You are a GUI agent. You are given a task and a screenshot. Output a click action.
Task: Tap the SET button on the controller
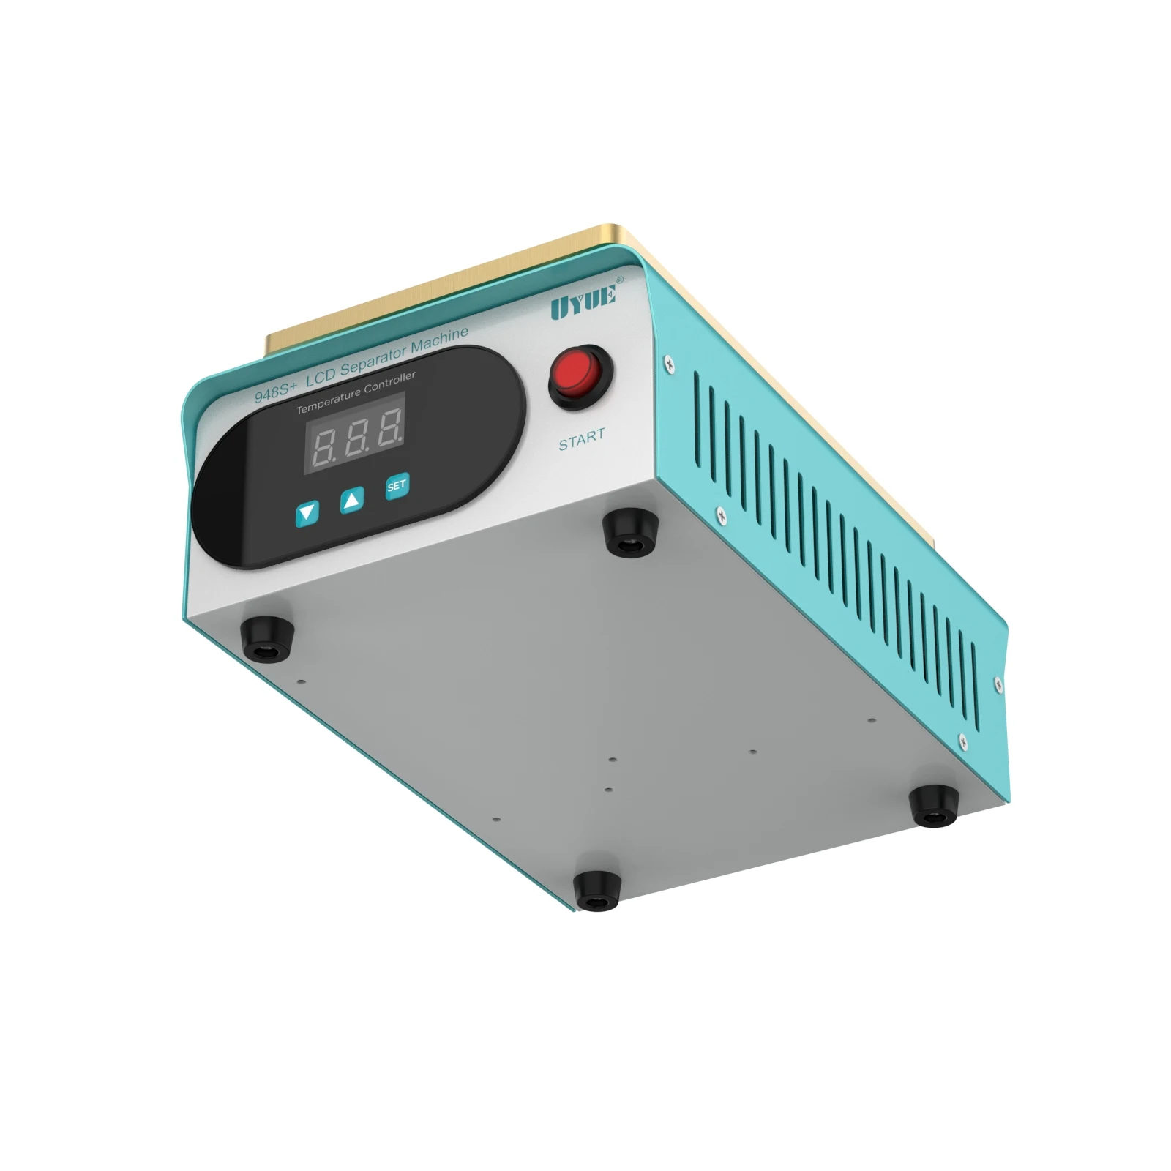pos(396,486)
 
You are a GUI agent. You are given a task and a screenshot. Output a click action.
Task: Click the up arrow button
pos(352,501)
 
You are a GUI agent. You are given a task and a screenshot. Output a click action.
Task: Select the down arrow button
pos(307,512)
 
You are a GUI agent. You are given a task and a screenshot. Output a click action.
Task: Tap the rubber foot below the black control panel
pos(266,637)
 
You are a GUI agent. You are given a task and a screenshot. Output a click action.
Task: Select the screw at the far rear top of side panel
pos(998,683)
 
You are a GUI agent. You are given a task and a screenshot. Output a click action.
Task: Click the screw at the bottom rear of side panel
pos(963,741)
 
